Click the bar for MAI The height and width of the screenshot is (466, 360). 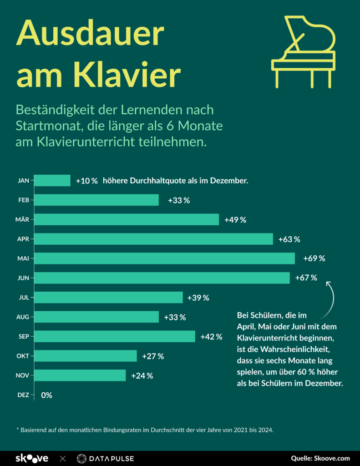(165, 258)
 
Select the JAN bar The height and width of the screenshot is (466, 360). (52, 181)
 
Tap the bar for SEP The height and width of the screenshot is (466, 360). (115, 336)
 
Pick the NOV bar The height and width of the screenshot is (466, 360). (80, 375)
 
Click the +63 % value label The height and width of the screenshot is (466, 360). (289, 239)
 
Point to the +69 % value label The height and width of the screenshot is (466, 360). (314, 258)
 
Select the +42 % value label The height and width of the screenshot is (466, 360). (211, 337)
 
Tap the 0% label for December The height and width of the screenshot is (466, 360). (46, 395)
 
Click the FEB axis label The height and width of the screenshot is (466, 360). (24, 200)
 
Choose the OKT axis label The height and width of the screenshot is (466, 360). (24, 356)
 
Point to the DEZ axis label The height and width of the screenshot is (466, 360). (23, 395)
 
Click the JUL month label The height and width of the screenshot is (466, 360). (24, 298)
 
